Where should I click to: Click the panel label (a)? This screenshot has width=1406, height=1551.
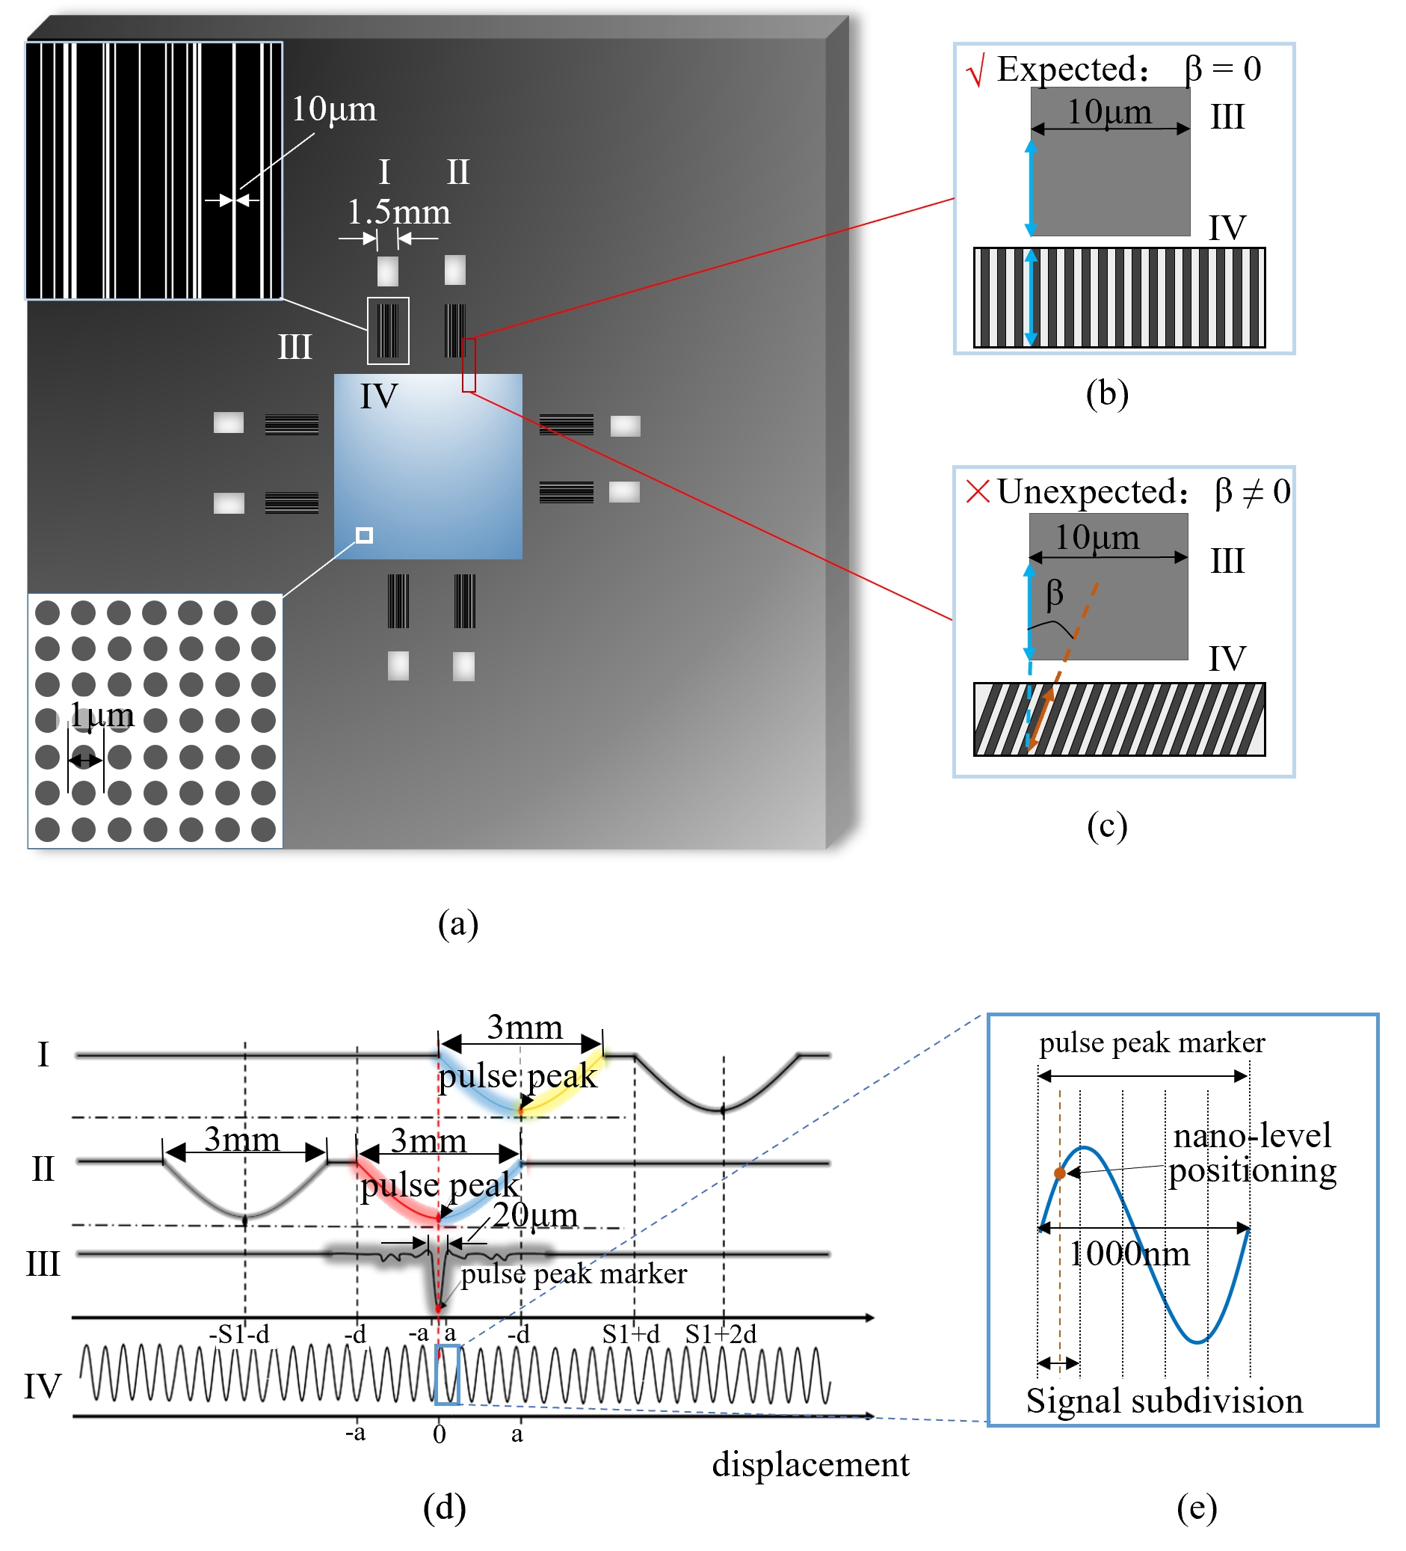pos(458,924)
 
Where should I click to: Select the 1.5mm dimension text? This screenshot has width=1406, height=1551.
pos(398,212)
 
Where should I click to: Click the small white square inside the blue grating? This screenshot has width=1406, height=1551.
pos(365,535)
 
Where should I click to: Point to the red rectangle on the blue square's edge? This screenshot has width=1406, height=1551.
pos(469,365)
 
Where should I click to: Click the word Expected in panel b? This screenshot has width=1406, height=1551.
pos(1069,70)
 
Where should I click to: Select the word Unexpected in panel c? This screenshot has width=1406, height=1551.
pos(1089,491)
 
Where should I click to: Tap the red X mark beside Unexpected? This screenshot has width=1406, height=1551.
pos(978,491)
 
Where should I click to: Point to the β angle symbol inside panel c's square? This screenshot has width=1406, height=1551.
pos(1055,594)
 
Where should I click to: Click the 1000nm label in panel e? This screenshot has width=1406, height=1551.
pos(1129,1255)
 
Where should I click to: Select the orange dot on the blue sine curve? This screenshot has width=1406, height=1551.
pos(1060,1174)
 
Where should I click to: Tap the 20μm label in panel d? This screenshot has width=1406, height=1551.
pos(535,1215)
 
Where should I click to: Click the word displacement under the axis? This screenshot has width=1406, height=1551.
pos(811,1465)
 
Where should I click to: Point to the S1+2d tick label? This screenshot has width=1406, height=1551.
pos(721,1334)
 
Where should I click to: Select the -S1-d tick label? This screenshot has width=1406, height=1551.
pos(239,1334)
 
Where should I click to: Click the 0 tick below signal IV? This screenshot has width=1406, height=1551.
pos(440,1435)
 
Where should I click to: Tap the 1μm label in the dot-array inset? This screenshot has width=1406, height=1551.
pos(102,716)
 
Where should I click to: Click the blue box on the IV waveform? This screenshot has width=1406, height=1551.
pos(448,1375)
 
